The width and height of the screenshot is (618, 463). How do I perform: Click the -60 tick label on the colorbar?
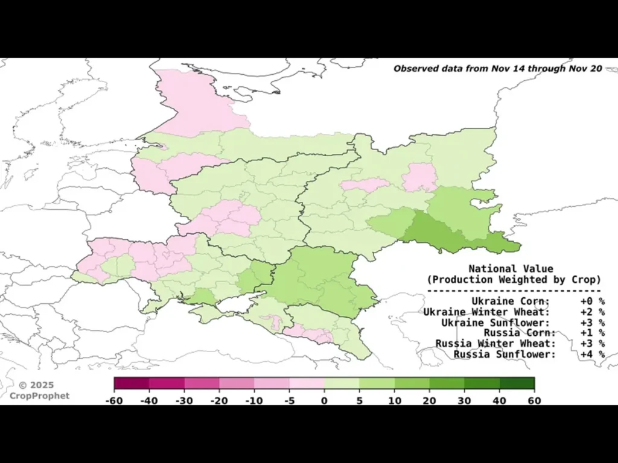[x=114, y=400]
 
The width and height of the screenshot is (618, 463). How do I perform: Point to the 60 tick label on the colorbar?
[x=534, y=400]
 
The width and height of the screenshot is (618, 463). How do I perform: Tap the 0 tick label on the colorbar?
[x=324, y=400]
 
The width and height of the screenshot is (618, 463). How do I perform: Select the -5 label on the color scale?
[x=289, y=400]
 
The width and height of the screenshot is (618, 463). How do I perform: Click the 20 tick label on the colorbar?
[x=429, y=400]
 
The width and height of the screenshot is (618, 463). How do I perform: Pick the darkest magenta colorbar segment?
[x=132, y=383]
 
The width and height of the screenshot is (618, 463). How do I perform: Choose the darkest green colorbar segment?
[x=517, y=383]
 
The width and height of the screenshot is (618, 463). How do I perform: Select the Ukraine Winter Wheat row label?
[x=486, y=312]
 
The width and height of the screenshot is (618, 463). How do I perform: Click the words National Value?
[x=511, y=269]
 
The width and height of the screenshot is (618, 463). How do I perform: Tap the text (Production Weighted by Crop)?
[x=514, y=280]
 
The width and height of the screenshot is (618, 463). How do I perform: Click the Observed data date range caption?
[x=497, y=69]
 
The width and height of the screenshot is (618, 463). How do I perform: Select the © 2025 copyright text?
[x=36, y=385]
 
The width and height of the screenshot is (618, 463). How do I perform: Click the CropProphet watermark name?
[x=39, y=396]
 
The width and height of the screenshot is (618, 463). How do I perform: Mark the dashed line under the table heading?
[x=514, y=291]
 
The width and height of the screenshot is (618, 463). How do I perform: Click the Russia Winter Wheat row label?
[x=495, y=344]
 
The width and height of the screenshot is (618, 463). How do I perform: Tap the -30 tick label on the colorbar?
[x=184, y=400]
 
